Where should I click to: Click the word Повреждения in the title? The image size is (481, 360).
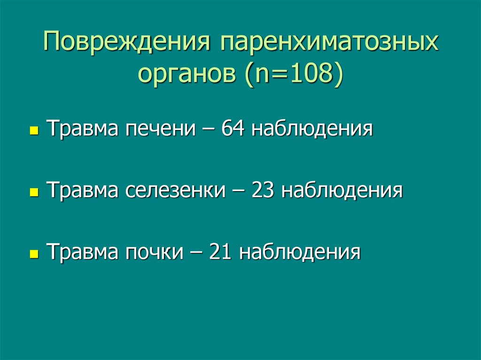[125, 43]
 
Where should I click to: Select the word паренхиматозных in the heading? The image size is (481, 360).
[326, 43]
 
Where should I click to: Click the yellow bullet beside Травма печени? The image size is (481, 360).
[33, 130]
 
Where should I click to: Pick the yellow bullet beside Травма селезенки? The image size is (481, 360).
[33, 193]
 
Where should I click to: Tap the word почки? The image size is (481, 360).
[154, 252]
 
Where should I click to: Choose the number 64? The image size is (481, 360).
[233, 128]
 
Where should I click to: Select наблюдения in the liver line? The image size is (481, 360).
[312, 128]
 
